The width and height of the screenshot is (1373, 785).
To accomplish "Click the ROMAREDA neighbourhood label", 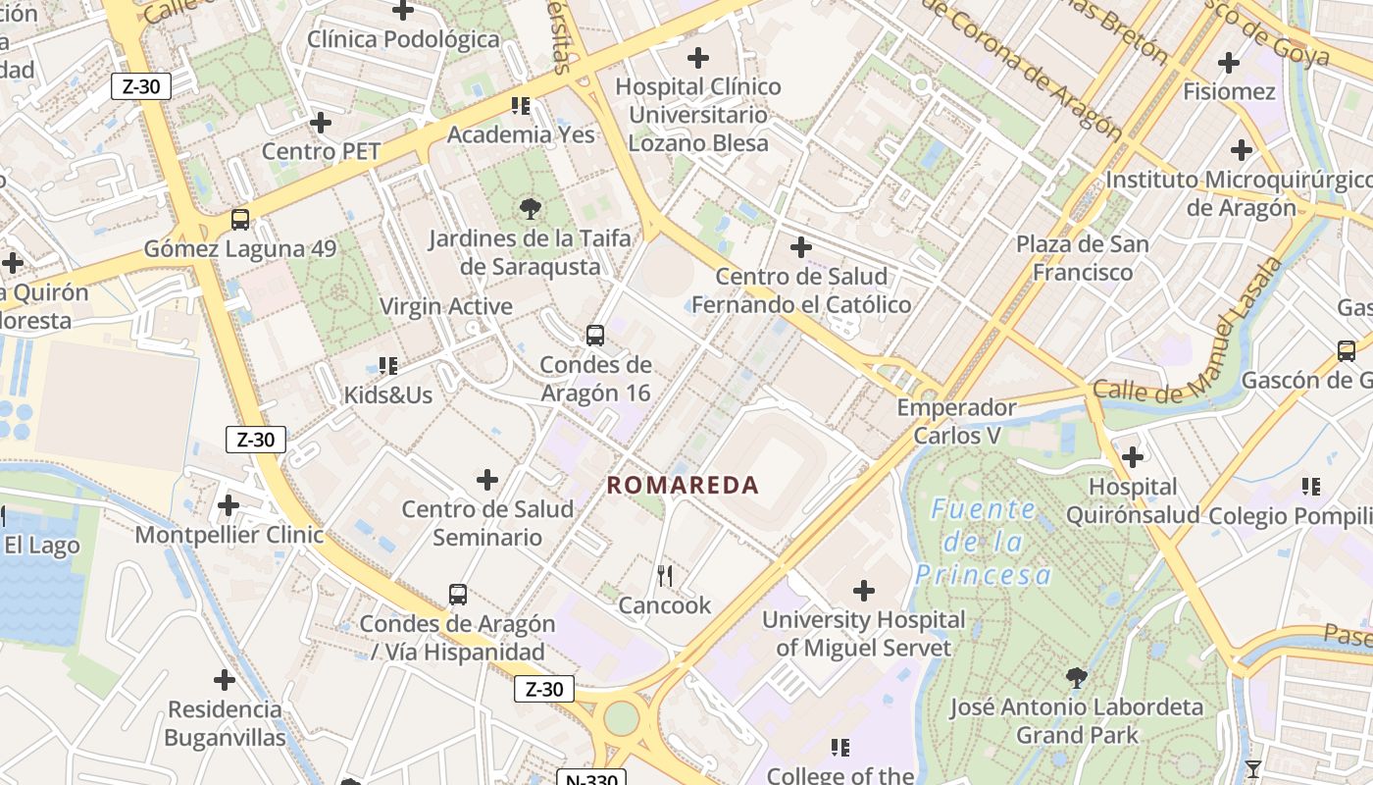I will [x=683, y=485].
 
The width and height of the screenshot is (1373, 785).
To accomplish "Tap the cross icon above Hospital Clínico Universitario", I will [x=698, y=58].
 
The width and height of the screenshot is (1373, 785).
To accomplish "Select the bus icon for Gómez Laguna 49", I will [x=240, y=220].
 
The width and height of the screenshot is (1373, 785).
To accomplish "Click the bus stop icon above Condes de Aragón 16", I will [x=595, y=336].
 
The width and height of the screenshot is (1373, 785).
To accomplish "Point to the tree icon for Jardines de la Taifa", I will [x=530, y=208].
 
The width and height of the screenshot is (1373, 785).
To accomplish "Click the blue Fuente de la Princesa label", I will [x=984, y=542].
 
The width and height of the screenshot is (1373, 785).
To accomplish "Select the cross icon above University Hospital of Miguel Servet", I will [x=864, y=591].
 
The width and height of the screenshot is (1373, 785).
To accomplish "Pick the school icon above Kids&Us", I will [x=388, y=366].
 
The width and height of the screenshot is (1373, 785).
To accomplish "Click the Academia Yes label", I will [x=521, y=134].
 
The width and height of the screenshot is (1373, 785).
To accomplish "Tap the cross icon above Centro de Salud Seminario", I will [x=487, y=480].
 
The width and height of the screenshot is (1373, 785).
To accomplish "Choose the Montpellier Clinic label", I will [x=229, y=535].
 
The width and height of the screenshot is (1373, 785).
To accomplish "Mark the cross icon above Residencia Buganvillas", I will [x=225, y=679].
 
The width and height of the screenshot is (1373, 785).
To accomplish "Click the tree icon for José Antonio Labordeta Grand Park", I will [x=1077, y=677].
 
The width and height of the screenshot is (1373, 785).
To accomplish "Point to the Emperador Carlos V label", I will [x=956, y=421].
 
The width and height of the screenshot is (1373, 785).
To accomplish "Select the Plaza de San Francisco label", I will [x=1082, y=258].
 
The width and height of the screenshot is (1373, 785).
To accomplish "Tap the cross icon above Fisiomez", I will [x=1229, y=63].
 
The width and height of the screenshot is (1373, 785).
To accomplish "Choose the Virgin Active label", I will [x=446, y=306].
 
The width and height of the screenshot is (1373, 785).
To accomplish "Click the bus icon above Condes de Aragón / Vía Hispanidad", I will [x=458, y=594].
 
